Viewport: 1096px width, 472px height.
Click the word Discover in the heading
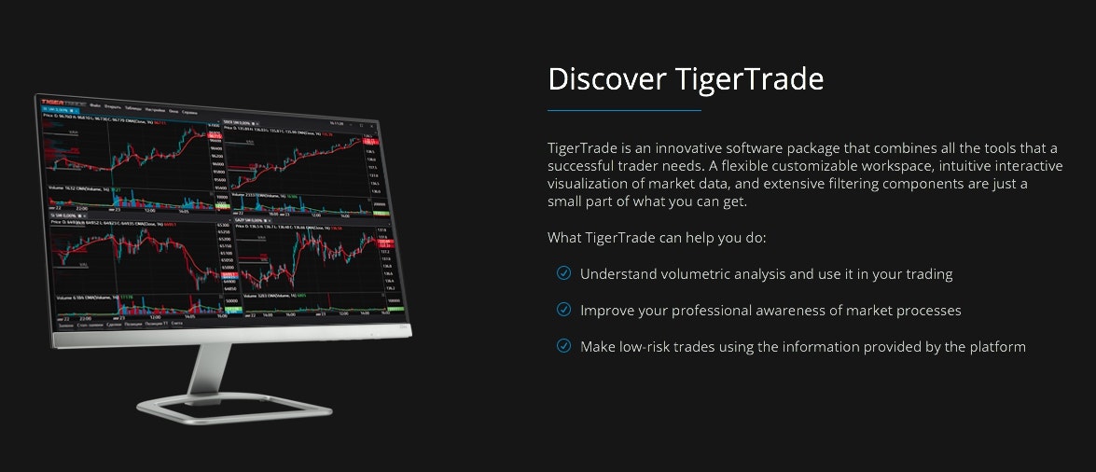coord(603,79)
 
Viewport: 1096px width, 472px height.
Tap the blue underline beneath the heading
coord(624,110)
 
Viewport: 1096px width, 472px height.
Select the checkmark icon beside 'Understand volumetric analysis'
coord(563,273)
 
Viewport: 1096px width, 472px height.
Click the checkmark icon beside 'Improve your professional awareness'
coord(563,310)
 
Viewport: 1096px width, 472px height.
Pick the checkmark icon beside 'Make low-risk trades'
coord(563,346)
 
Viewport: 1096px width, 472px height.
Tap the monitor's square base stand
coord(233,408)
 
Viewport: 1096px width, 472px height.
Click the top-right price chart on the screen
coord(298,159)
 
